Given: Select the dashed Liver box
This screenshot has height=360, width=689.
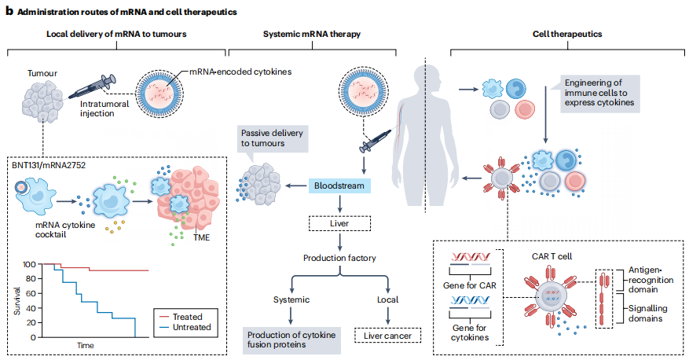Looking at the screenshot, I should pos(339,223).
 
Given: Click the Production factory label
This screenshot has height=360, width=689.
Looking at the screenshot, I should pos(339,259).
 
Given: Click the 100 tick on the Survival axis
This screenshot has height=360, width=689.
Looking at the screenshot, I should pos(28,264).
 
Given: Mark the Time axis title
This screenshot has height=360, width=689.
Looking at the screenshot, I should pos(86,346).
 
